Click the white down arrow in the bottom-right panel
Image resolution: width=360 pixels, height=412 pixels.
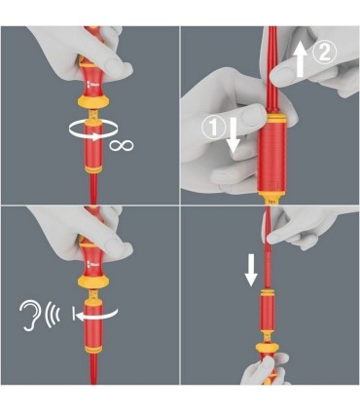click(x=251, y=269)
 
